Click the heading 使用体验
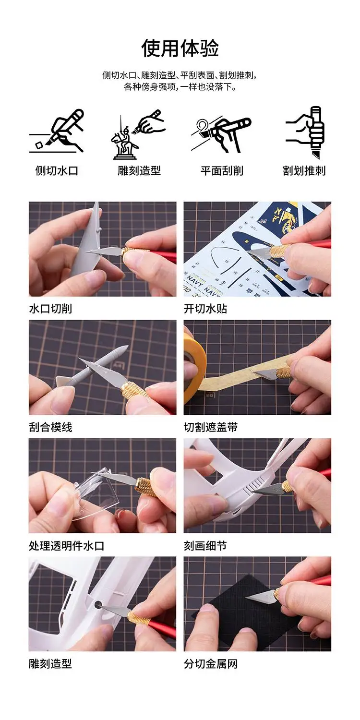180,48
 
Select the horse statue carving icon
139,135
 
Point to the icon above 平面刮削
221,133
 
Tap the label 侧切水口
57,171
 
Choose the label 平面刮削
222,171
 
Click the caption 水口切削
50,309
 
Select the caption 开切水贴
205,309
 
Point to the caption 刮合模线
50,427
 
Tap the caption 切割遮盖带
211,427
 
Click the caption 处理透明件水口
67,545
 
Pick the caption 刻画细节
205,545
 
